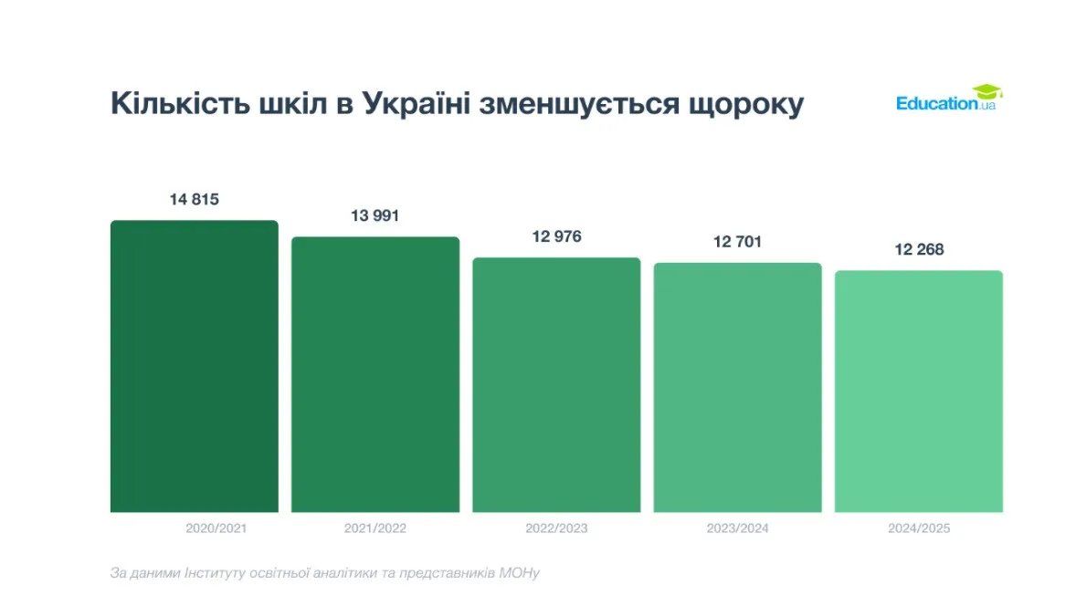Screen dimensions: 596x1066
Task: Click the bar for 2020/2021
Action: (x=194, y=365)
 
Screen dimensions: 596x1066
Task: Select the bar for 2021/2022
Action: (x=375, y=374)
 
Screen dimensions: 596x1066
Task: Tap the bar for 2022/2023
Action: (x=556, y=384)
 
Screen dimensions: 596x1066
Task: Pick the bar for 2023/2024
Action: (x=737, y=387)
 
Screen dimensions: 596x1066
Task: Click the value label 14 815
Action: (x=194, y=199)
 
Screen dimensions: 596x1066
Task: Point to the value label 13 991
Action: (x=375, y=216)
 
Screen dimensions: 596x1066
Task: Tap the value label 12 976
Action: (x=556, y=236)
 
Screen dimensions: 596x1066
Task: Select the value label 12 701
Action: (x=737, y=242)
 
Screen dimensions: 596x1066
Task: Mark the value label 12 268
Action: (x=918, y=249)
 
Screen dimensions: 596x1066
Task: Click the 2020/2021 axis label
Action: (x=216, y=528)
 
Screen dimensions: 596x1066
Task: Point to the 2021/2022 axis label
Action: (x=375, y=528)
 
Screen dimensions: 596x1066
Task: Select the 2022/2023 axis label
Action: (x=556, y=528)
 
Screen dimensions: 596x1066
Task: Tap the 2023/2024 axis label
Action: (x=737, y=528)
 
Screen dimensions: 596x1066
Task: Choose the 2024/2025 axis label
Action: (x=918, y=528)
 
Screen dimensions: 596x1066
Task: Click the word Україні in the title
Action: (x=416, y=103)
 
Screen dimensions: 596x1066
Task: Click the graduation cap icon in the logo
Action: (x=987, y=92)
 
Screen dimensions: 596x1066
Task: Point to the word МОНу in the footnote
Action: (x=520, y=573)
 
